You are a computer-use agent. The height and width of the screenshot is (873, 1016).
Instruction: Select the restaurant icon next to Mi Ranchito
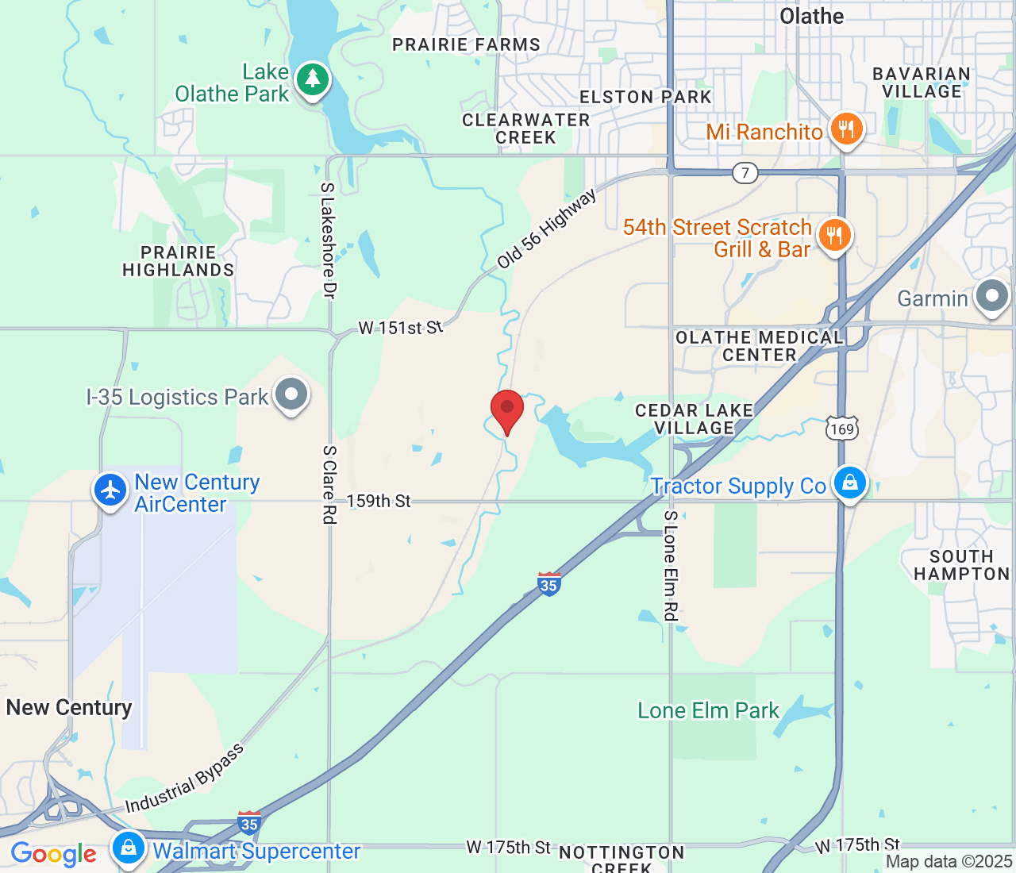click(x=846, y=129)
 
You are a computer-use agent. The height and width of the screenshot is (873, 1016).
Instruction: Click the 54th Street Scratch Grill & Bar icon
click(x=834, y=236)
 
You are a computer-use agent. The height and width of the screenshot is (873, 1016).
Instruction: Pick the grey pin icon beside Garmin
click(x=991, y=297)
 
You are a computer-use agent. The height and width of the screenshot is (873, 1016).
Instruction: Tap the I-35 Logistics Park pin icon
click(x=291, y=394)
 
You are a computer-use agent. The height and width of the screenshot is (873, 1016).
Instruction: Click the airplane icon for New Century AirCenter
click(x=110, y=490)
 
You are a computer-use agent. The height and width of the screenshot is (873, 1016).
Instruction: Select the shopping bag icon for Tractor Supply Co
click(x=849, y=483)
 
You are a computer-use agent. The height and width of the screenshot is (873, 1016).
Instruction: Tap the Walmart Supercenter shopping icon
click(x=128, y=848)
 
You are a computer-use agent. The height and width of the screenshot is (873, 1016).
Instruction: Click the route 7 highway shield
click(x=745, y=172)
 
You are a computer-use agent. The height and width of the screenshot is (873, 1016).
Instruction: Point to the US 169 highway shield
click(x=841, y=429)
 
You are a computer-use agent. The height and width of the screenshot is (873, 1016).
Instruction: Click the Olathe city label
click(x=812, y=16)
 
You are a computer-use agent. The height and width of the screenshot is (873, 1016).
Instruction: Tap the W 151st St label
click(x=400, y=327)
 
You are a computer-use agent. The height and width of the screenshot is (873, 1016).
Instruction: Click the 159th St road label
click(x=379, y=501)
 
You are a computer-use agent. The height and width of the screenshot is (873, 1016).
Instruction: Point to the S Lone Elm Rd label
click(x=671, y=565)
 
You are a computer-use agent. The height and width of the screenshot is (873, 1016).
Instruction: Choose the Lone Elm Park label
click(x=708, y=710)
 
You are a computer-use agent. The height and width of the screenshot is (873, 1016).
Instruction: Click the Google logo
click(x=53, y=854)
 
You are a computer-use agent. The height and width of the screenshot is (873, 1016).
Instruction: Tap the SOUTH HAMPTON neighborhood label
click(x=961, y=565)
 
